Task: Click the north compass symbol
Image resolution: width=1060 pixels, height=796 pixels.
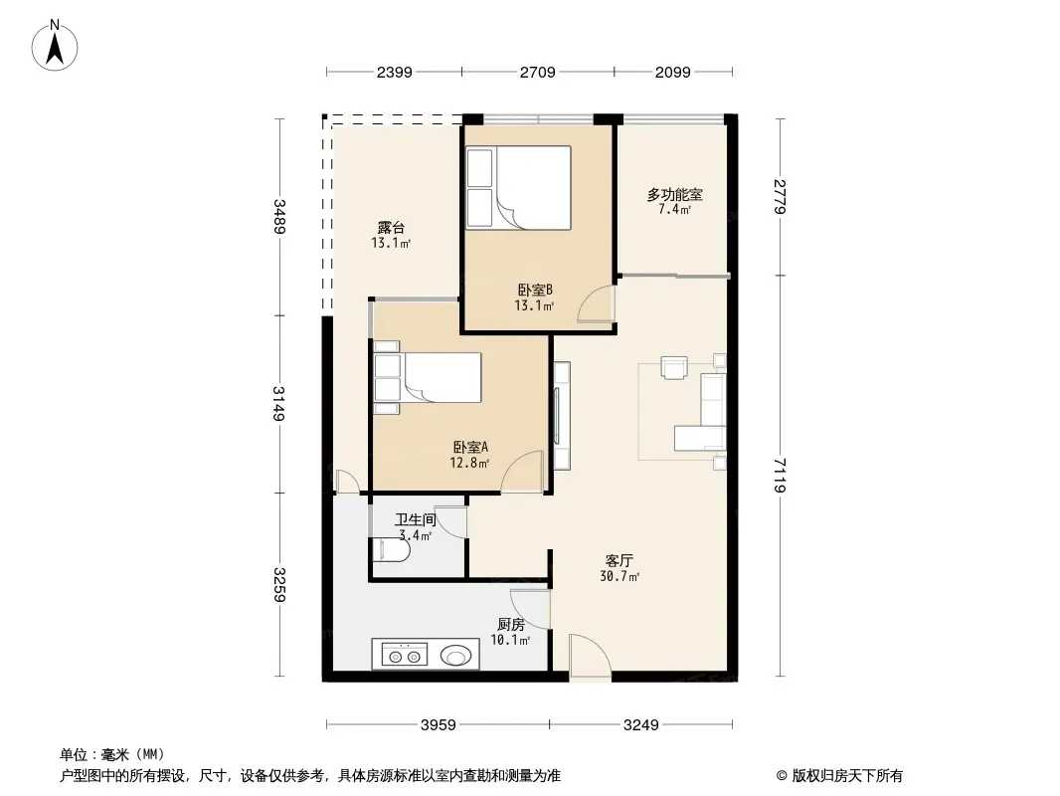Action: tap(57, 45)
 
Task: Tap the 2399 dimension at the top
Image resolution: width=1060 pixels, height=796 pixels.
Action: tap(394, 73)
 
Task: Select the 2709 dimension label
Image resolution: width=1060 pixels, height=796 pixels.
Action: tap(537, 73)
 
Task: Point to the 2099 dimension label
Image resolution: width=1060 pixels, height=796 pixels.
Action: tap(673, 73)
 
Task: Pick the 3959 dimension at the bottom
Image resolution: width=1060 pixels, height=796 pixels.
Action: tap(437, 725)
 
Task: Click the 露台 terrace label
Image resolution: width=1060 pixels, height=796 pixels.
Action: tap(390, 228)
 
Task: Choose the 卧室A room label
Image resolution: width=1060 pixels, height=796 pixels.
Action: tap(469, 447)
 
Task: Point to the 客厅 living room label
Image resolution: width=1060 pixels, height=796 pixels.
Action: tap(619, 560)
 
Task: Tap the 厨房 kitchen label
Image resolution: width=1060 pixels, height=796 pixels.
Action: tap(511, 625)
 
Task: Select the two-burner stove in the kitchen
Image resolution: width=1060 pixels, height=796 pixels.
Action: tap(403, 656)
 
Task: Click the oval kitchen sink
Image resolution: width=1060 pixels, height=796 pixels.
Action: tap(456, 656)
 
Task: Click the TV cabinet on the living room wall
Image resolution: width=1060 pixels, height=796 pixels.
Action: tap(561, 416)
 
